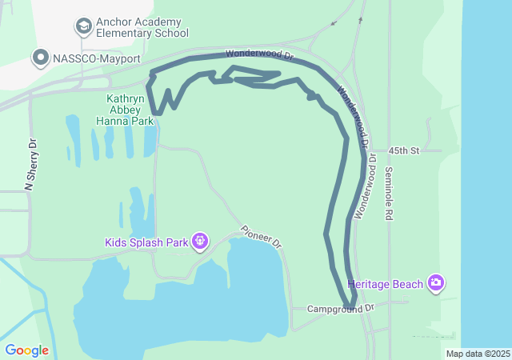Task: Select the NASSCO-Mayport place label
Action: tap(96, 58)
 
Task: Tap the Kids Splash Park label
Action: tap(146, 242)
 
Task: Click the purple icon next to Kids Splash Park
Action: tap(200, 240)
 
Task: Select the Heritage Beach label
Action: tap(386, 283)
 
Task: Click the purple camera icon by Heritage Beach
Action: tap(436, 282)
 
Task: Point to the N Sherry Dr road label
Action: tap(31, 165)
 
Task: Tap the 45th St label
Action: tap(403, 150)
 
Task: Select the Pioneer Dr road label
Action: tap(261, 235)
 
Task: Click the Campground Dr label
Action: tap(341, 308)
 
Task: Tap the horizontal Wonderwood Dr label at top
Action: tap(261, 54)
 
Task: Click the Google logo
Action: tap(27, 350)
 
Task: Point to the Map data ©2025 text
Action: tap(478, 354)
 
